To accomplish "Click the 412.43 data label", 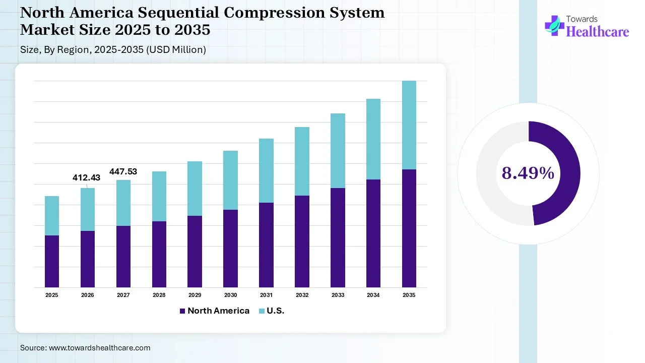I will coord(87,177).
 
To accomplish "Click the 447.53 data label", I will coord(123,172).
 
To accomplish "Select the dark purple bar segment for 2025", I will coord(52,261).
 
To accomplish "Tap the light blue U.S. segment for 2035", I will coord(409,125).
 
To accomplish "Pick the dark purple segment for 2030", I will coord(231,249).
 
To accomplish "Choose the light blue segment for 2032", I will coord(302,161).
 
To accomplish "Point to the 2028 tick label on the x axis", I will coord(159,295).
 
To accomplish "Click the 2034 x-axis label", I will coord(373,295).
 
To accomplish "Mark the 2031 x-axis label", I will coord(266,295).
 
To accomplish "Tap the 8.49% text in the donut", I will coord(528,173).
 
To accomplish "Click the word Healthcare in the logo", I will coord(598,32).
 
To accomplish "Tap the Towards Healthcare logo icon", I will coord(554,25).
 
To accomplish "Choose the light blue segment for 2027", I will coord(123,203).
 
